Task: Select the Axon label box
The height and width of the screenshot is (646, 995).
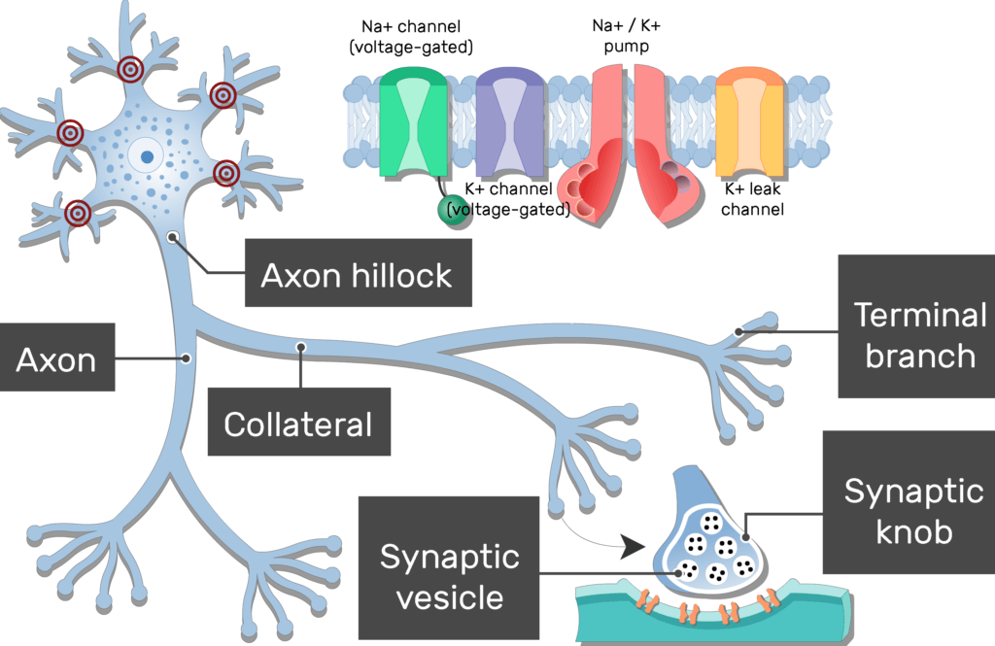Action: coord(57,359)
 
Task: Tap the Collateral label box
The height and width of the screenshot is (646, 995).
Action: coord(298,423)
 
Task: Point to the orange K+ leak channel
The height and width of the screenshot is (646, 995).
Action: coord(748,122)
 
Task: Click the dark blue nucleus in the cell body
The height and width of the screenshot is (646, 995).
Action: coord(147,155)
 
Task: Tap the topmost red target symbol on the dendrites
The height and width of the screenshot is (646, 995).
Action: coord(130,69)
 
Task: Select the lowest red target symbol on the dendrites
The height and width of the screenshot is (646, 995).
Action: coord(78,213)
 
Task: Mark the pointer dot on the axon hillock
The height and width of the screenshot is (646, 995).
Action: coord(172,236)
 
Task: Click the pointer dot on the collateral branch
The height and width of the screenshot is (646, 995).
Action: coord(301,346)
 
